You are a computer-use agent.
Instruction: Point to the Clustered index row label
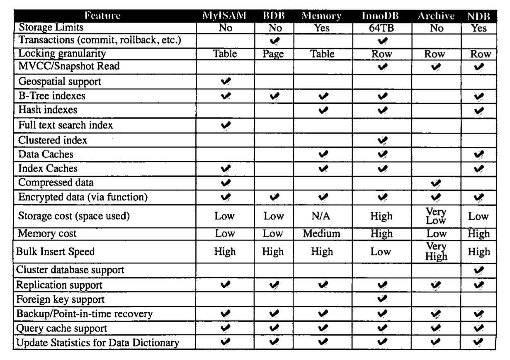coord(52,140)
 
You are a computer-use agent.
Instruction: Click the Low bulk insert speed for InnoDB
coord(381,251)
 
